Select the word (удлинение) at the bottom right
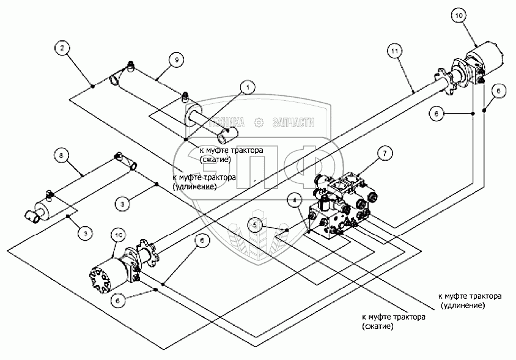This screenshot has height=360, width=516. pyautogui.click(x=463, y=305)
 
